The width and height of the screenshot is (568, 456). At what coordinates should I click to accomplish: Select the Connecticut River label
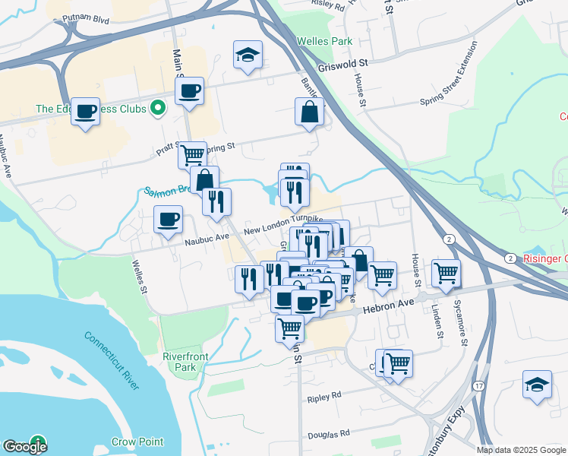pyautogui.click(x=112, y=360)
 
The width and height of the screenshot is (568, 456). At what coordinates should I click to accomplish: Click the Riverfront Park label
pyautogui.click(x=179, y=362)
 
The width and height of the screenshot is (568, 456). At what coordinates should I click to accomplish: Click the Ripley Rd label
pyautogui.click(x=325, y=397)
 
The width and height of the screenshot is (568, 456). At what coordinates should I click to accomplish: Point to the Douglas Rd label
pyautogui.click(x=328, y=435)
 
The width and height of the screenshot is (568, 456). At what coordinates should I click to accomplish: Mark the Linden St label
pyautogui.click(x=437, y=318)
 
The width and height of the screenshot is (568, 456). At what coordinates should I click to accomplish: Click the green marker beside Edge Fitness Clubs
pyautogui.click(x=159, y=109)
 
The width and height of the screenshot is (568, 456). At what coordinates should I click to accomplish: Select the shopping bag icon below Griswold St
pyautogui.click(x=309, y=112)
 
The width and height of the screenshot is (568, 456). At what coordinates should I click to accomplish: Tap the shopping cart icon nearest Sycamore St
pyautogui.click(x=446, y=272)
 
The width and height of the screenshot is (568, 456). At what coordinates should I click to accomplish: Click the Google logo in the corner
pyautogui.click(x=25, y=446)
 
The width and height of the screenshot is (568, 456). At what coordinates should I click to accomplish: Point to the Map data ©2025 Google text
pyautogui.click(x=522, y=450)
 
